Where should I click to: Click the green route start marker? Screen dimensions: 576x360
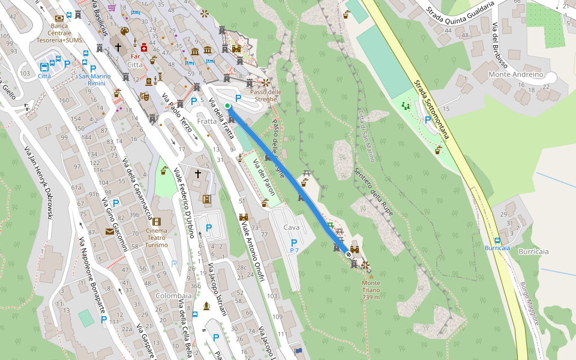(227, 106)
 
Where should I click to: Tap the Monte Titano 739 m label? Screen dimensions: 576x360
(371, 290)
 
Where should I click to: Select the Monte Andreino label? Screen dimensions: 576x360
(515, 74)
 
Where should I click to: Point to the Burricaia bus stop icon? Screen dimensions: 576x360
(488, 239)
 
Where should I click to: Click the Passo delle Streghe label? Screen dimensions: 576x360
(265, 95)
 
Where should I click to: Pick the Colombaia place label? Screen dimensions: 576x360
(173, 296)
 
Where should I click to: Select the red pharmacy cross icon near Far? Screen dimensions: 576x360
(144, 46)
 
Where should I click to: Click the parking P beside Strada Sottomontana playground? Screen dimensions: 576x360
(427, 119)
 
